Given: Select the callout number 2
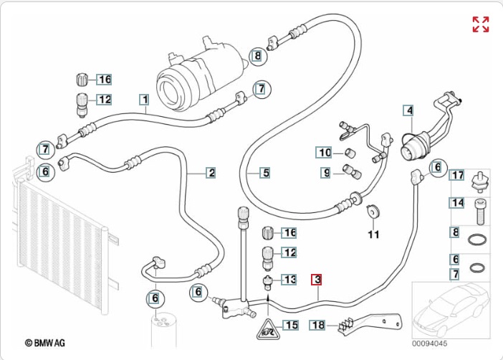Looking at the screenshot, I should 211,172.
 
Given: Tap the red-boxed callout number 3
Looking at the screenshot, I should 316,280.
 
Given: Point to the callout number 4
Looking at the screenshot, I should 408,110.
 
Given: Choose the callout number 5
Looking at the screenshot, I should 264,172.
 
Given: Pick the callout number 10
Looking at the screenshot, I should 325,152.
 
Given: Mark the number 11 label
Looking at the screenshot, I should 373,235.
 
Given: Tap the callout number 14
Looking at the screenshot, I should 457,204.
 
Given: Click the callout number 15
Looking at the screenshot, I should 289,325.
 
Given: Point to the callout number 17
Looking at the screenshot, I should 457,175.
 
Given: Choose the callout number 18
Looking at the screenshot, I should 319,325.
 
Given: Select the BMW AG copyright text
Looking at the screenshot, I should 44,344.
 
